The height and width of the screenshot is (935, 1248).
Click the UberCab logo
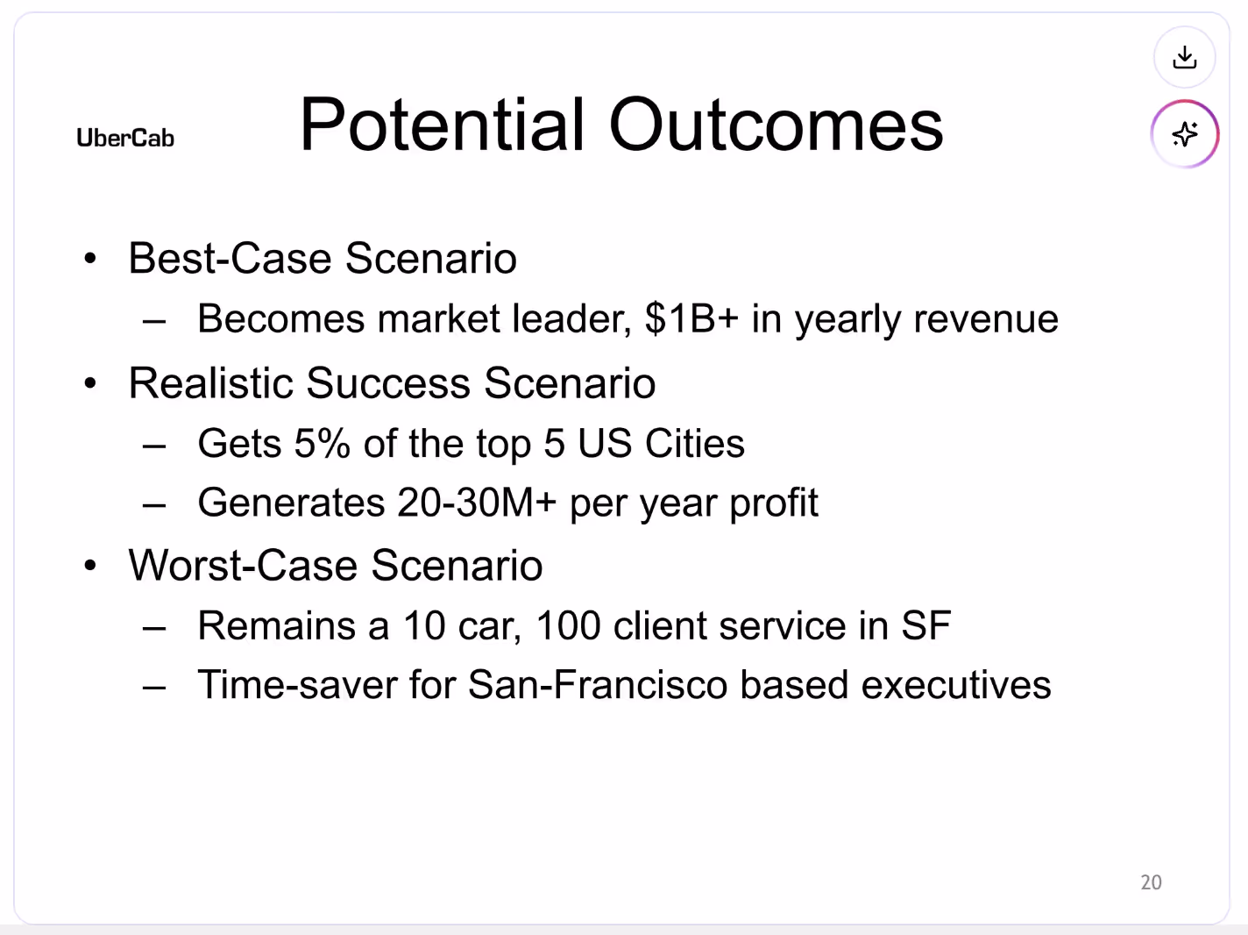(x=125, y=138)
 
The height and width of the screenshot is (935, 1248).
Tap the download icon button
(x=1184, y=58)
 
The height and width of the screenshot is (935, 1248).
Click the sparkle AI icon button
(x=1184, y=134)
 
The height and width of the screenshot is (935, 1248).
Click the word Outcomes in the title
(x=776, y=125)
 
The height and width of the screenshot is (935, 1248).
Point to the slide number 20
(x=1151, y=882)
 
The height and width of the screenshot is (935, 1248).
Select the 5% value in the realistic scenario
(x=322, y=444)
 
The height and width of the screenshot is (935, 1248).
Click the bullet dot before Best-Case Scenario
(x=90, y=260)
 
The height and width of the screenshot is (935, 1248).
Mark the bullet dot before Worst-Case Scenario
(x=90, y=567)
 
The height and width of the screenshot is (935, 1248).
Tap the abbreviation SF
(x=925, y=626)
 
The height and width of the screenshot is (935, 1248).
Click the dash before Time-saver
(x=154, y=687)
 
